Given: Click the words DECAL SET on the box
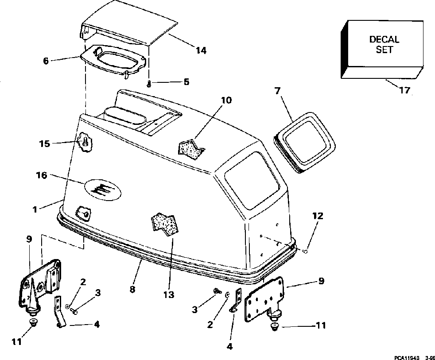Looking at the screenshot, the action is coord(384,44).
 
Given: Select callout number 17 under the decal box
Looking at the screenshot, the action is coord(404,90).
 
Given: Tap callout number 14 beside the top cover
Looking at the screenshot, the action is coord(201,50).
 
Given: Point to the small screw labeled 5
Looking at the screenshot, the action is coord(149,84).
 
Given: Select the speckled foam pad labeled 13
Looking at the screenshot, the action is coord(165,224).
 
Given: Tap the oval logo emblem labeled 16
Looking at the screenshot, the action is coord(103,189).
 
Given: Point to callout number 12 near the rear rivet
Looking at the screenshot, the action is coord(318,216).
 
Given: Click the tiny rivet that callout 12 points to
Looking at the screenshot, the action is coord(305,251).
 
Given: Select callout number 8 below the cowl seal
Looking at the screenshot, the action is coord(132,289).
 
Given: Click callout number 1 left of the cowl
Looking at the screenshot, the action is coord(35,209).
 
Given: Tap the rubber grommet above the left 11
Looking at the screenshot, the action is coord(33,323).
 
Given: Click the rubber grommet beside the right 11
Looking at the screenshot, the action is coord(275,327).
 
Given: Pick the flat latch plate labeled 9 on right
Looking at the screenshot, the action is coord(264,299).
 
